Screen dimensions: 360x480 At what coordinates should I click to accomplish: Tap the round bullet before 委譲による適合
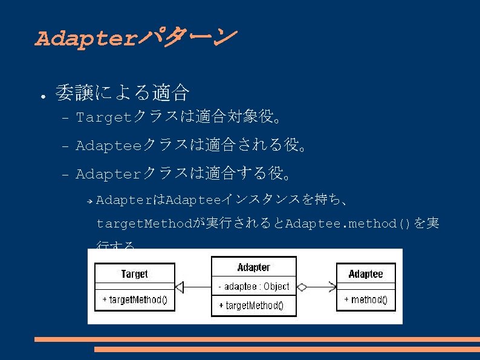click(40, 96)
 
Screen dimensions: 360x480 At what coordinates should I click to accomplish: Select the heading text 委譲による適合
click(122, 93)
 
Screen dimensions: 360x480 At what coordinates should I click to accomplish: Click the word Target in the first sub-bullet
click(104, 117)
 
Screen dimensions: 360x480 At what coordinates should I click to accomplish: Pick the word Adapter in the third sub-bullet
click(108, 174)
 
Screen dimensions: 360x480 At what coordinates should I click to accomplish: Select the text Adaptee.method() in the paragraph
click(348, 224)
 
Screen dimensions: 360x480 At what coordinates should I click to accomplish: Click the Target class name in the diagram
click(134, 274)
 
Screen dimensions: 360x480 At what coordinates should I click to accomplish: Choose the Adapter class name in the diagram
click(253, 267)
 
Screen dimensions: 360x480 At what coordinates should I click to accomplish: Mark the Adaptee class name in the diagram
click(366, 274)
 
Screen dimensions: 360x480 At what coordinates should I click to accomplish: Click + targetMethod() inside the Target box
click(134, 300)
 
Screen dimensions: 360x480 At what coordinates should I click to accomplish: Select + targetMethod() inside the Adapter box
click(253, 306)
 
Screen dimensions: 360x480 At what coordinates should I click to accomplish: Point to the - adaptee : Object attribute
click(253, 286)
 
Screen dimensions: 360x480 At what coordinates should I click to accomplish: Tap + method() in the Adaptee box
click(366, 300)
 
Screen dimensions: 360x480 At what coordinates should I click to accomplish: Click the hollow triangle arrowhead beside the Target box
click(179, 287)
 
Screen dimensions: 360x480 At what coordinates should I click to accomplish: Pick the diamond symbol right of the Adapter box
click(302, 287)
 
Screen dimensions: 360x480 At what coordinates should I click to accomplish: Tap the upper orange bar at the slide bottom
click(257, 339)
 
